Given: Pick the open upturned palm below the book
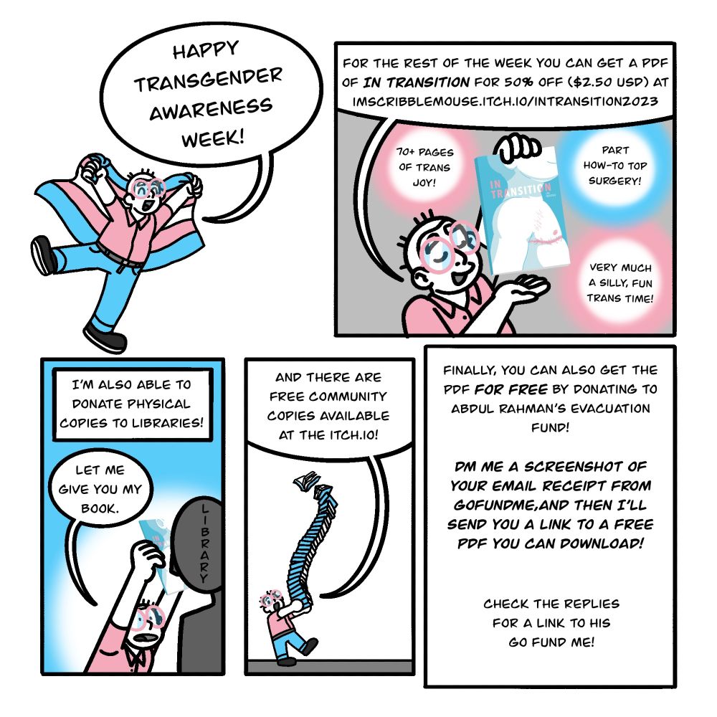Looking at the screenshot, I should (x=524, y=290).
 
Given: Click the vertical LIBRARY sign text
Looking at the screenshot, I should (x=204, y=541).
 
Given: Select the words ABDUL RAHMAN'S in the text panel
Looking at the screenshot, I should (x=503, y=409).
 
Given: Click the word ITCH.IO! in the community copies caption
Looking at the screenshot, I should (x=358, y=435).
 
